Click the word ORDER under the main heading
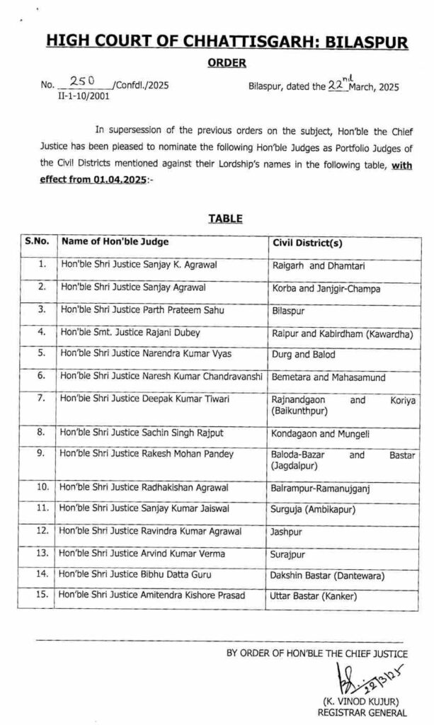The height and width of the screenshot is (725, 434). pos(227,64)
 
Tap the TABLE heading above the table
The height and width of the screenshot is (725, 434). pos(225,219)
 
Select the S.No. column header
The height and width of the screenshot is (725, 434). pos(37,242)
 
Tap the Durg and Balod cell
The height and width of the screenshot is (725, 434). pos(304,355)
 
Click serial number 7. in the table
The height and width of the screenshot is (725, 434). pos(42,400)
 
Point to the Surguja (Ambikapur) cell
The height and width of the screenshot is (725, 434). pos(313,509)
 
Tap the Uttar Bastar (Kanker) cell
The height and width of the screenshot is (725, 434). pos(314,597)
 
